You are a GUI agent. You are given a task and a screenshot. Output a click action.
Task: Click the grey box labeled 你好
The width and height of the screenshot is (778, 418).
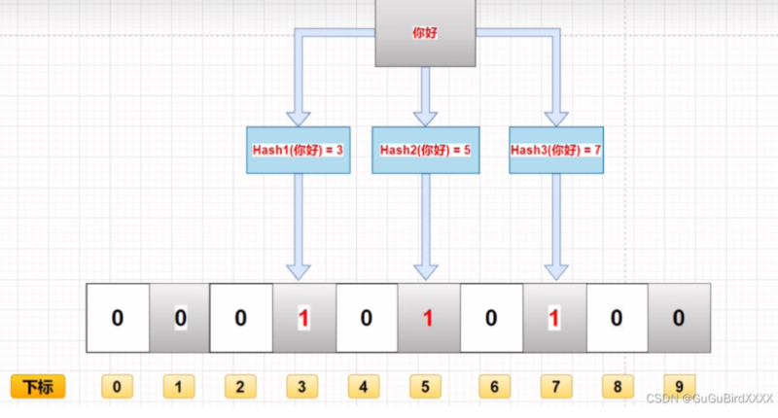point(425,33)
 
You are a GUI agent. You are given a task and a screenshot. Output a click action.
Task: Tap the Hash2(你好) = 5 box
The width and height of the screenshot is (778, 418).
point(424,151)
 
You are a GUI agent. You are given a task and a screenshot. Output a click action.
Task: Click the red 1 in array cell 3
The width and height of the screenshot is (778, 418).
point(302,318)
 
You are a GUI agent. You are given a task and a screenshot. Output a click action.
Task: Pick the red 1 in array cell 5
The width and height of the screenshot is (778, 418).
point(426,318)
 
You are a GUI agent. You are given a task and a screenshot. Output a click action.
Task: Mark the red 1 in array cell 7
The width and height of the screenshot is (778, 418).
point(553,318)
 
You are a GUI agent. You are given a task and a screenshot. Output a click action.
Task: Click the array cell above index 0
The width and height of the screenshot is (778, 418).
point(118,318)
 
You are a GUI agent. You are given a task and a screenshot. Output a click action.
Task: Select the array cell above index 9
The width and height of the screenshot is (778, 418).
point(679,318)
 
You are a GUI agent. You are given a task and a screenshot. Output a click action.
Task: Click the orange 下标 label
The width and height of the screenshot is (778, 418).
point(38,387)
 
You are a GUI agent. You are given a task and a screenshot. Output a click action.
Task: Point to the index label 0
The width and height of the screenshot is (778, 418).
point(117,387)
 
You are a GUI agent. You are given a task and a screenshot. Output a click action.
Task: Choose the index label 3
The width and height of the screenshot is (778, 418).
point(301,387)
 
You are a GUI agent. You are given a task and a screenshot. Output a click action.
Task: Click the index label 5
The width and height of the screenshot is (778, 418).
point(425,387)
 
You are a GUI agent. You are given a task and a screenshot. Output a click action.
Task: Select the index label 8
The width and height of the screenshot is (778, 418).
point(616,387)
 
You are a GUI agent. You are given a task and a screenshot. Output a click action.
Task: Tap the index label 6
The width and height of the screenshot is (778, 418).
point(493,387)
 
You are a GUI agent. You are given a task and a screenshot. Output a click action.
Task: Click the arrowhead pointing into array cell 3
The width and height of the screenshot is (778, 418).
point(299,270)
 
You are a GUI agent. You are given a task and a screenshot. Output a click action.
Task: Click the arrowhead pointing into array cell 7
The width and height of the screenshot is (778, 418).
point(554,270)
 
